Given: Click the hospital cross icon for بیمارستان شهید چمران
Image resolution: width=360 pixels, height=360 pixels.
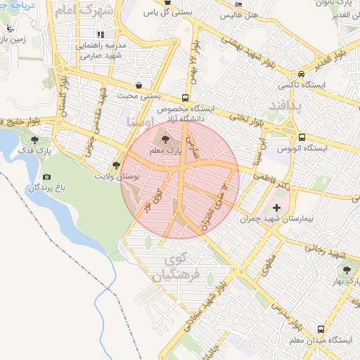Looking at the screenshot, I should [x=276, y=208].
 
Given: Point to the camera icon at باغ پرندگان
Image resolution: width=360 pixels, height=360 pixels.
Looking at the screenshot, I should [x=46, y=176].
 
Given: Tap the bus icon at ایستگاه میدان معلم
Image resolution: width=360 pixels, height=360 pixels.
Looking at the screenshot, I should [x=321, y=328].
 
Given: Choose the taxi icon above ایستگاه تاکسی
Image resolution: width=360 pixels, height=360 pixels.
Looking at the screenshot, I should [x=302, y=74].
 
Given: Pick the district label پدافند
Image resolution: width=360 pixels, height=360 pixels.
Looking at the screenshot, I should [x=285, y=105].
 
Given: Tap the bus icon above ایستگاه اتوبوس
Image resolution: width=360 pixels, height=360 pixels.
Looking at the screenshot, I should [x=302, y=138].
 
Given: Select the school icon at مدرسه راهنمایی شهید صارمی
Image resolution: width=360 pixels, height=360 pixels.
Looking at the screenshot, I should [x=101, y=34].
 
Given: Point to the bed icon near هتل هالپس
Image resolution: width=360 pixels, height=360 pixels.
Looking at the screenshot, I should [x=240, y=4].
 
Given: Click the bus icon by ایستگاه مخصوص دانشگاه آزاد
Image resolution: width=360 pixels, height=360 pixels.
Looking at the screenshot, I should [x=185, y=98].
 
